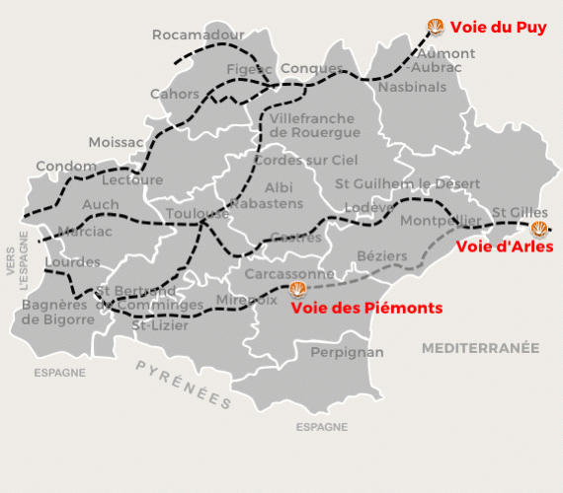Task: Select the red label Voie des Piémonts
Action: click(366, 308)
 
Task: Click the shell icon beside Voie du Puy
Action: click(435, 26)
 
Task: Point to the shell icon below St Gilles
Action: click(539, 230)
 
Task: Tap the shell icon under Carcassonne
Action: click(296, 289)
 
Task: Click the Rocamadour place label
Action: click(198, 35)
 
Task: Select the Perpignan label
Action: click(347, 352)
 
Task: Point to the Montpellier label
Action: click(442, 220)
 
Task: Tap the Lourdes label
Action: click(72, 262)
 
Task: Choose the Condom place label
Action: click(66, 167)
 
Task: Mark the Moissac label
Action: click(116, 143)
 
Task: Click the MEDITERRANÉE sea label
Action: click(481, 348)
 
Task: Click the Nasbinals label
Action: click(412, 87)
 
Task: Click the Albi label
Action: click(280, 187)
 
